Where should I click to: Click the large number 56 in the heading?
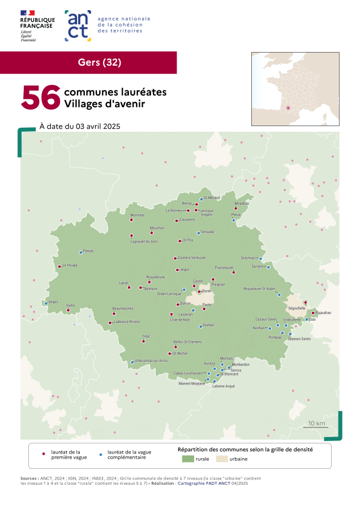click(41, 97)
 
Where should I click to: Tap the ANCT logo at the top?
click(78, 25)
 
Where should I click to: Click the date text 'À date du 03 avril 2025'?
click(80, 126)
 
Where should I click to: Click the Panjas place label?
click(88, 251)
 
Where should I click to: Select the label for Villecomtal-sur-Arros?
click(151, 360)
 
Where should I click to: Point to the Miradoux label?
click(242, 203)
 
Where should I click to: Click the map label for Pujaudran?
click(323, 312)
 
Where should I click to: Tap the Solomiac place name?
click(248, 257)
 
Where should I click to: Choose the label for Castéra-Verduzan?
click(192, 257)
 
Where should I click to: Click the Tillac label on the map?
click(146, 337)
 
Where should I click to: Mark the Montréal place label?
click(138, 215)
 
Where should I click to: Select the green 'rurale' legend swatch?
click(187, 459)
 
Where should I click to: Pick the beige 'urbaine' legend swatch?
click(221, 459)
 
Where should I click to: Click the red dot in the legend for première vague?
click(44, 454)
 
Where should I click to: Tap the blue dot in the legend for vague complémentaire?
click(100, 454)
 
